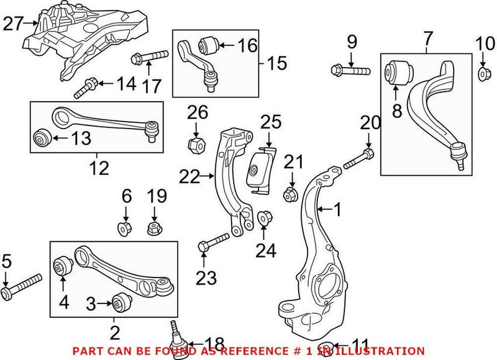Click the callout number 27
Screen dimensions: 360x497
(x=12, y=24)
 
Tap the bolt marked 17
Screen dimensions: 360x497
(x=150, y=58)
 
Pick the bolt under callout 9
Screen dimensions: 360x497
(x=351, y=70)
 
